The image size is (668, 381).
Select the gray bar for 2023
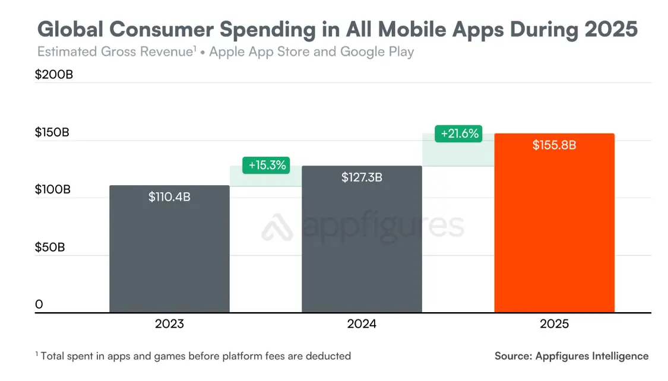(169, 249)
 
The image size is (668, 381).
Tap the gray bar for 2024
(362, 243)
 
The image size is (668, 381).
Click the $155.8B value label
(554, 145)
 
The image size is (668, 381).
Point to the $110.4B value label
(169, 196)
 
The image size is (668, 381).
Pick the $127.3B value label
(362, 177)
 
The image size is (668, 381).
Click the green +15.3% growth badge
(267, 165)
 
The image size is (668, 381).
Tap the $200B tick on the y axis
(53, 75)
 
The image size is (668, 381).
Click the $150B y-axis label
(52, 132)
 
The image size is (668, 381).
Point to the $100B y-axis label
(52, 190)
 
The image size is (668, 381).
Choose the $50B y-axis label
(50, 247)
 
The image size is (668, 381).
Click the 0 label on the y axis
(39, 304)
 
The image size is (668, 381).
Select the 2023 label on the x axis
(169, 324)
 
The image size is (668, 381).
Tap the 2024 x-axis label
(362, 324)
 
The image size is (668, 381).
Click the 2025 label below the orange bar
(554, 324)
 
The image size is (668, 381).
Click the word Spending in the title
(258, 29)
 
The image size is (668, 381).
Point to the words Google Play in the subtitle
(377, 52)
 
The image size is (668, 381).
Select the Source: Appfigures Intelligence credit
(571, 356)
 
